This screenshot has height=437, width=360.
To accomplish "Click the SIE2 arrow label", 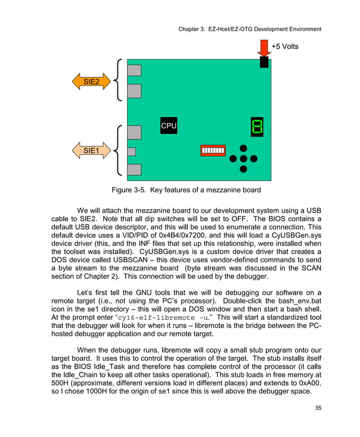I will (x=91, y=82).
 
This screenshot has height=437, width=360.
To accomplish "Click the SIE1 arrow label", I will (x=91, y=151).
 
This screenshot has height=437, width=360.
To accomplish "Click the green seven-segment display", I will (x=257, y=126).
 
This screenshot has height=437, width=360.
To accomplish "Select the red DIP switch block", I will (x=213, y=151).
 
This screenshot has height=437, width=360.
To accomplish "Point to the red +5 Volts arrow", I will (x=264, y=48).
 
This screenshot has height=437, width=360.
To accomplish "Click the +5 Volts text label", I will (x=284, y=46).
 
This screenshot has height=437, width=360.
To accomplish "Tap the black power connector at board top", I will (x=264, y=62).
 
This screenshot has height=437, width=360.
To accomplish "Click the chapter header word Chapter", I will (x=191, y=29).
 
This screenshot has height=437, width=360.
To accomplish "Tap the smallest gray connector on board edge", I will (x=131, y=151).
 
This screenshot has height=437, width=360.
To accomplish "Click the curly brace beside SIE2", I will (x=118, y=80).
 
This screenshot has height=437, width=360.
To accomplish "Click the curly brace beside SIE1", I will (x=118, y=151).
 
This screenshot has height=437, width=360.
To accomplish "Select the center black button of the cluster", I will (x=243, y=158).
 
